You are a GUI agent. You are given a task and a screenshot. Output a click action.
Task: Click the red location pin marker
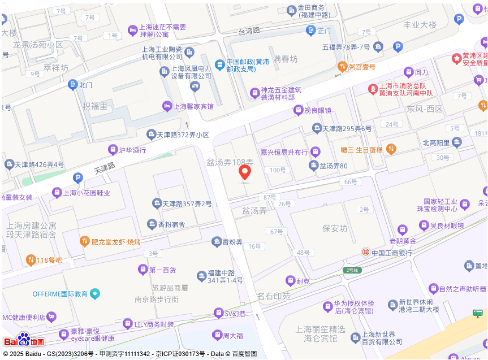coord(245,172)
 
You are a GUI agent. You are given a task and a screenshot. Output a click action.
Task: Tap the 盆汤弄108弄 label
coord(230,162)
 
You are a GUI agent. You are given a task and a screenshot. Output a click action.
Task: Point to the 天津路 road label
coord(104,168)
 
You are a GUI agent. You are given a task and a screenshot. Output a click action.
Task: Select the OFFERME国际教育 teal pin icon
coord(95,293)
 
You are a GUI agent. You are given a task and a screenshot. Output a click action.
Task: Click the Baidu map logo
coord(24,340)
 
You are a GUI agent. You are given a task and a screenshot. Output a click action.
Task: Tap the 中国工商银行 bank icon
coord(366,252)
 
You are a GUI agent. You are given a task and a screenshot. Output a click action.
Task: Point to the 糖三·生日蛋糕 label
coord(362,149)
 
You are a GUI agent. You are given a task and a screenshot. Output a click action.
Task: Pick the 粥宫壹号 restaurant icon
coord(342,67)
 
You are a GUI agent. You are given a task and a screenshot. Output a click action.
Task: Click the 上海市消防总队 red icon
coord(373,89)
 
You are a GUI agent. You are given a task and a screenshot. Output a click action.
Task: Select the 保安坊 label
coord(334,228)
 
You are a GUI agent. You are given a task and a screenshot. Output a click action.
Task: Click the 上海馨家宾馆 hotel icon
coord(167,106)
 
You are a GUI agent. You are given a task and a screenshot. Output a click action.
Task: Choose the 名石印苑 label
coord(274,296)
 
